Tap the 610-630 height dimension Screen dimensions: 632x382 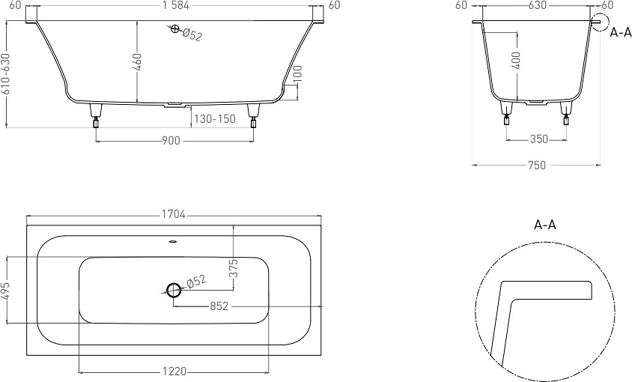pyautogui.click(x=6, y=74)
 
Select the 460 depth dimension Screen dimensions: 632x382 pyautogui.click(x=138, y=61)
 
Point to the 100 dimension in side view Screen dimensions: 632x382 pyautogui.click(x=297, y=74)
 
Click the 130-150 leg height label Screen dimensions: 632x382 pyautogui.click(x=214, y=119)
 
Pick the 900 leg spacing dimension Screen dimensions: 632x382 pyautogui.click(x=171, y=141)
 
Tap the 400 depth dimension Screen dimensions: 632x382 pyautogui.click(x=517, y=60)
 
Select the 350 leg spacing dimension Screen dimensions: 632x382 pyautogui.click(x=539, y=139)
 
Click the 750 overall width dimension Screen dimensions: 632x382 pyautogui.click(x=536, y=166)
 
